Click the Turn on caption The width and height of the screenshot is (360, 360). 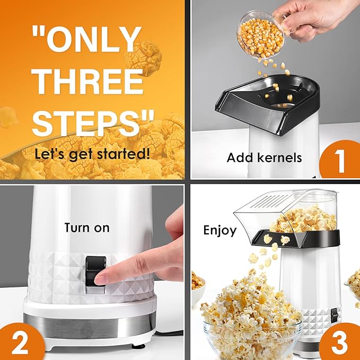point(87,227)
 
